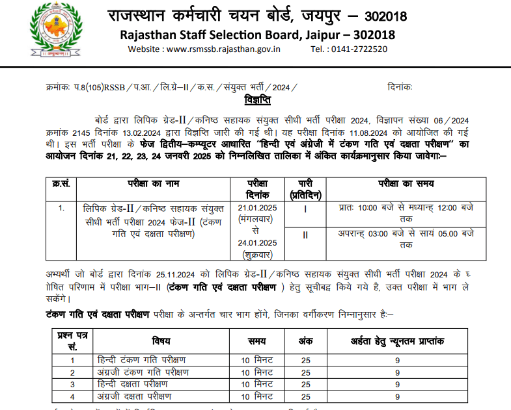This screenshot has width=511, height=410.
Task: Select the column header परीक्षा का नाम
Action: click(154, 185)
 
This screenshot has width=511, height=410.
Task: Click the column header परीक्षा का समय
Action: click(406, 185)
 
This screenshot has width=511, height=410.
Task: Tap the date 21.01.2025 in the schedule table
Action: click(257, 208)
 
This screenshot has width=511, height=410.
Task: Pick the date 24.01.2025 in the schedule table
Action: click(257, 243)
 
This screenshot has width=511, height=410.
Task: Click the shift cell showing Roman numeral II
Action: click(305, 235)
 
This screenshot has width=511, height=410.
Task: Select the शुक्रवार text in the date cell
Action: click(257, 255)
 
